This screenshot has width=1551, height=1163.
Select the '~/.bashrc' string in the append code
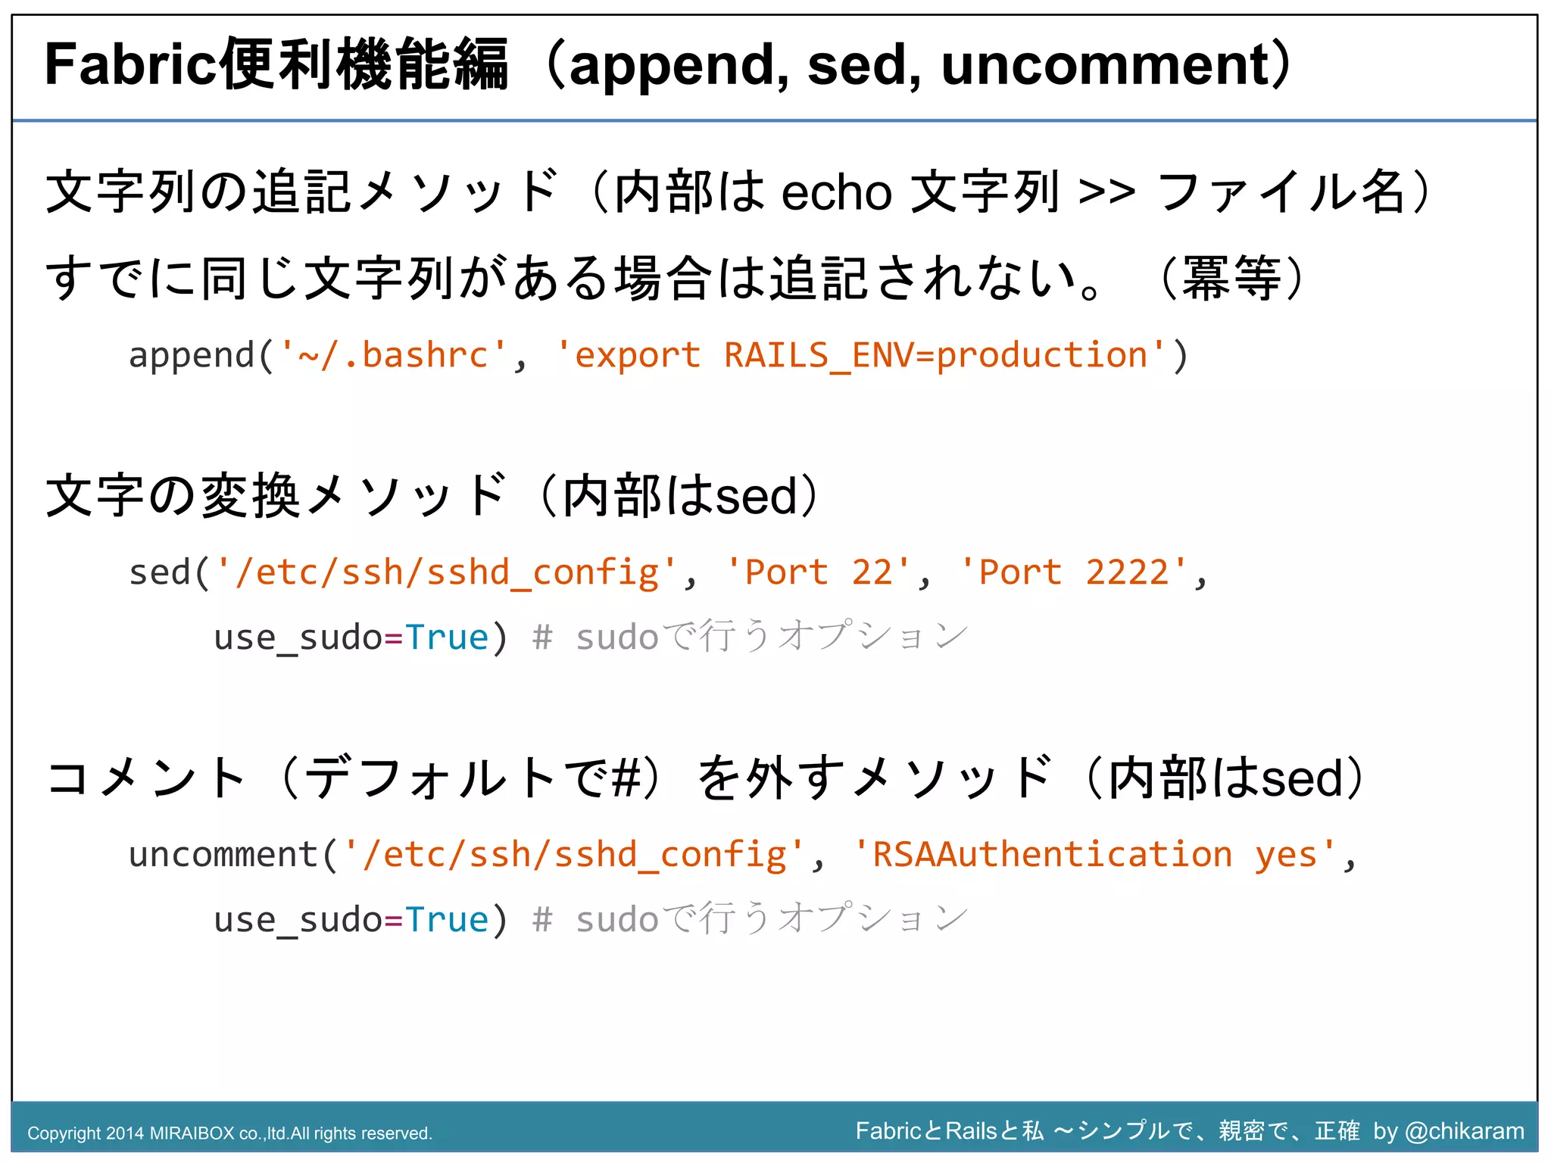pyautogui.click(x=393, y=355)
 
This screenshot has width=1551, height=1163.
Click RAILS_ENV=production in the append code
pyautogui.click(x=936, y=355)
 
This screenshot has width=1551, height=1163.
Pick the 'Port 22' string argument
pyautogui.click(x=818, y=572)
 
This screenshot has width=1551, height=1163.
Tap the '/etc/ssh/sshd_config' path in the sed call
pyautogui.click(x=446, y=572)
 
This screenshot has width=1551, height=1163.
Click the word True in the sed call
pyautogui.click(x=447, y=638)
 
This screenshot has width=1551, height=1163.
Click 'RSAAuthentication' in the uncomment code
pyautogui.click(x=1052, y=855)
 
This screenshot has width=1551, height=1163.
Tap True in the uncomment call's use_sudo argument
pyautogui.click(x=447, y=920)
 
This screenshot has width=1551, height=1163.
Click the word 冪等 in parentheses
pyautogui.click(x=1231, y=279)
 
